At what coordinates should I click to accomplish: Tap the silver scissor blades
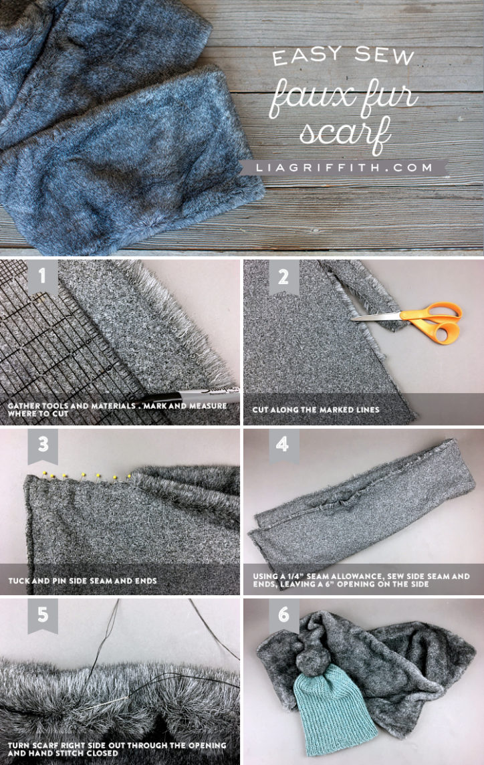(x=378, y=316)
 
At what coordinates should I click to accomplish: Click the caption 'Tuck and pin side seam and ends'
(x=82, y=580)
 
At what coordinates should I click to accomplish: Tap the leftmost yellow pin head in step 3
(x=44, y=474)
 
